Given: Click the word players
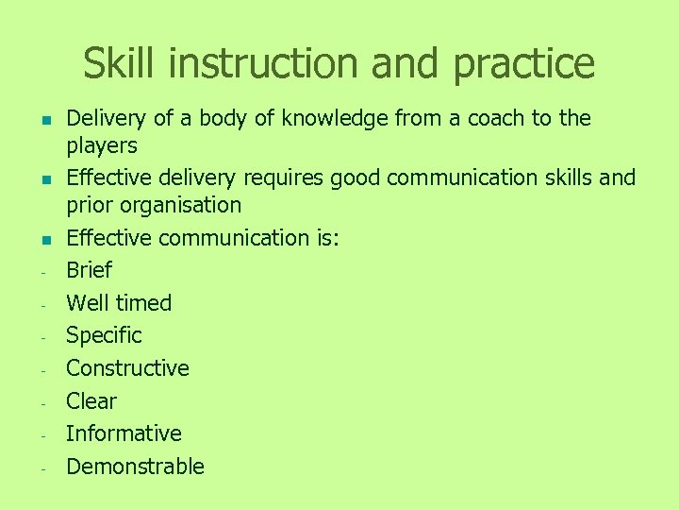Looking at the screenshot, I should (x=102, y=146).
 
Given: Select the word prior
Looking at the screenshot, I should (x=89, y=206).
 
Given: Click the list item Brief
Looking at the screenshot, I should (x=90, y=270).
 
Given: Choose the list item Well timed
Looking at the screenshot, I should (x=119, y=303).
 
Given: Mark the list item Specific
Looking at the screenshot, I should (x=104, y=336).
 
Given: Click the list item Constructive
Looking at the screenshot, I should (x=127, y=368).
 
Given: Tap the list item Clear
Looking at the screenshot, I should (x=91, y=401).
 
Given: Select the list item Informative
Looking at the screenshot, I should (x=124, y=433).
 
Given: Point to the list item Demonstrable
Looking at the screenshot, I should (x=135, y=467).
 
